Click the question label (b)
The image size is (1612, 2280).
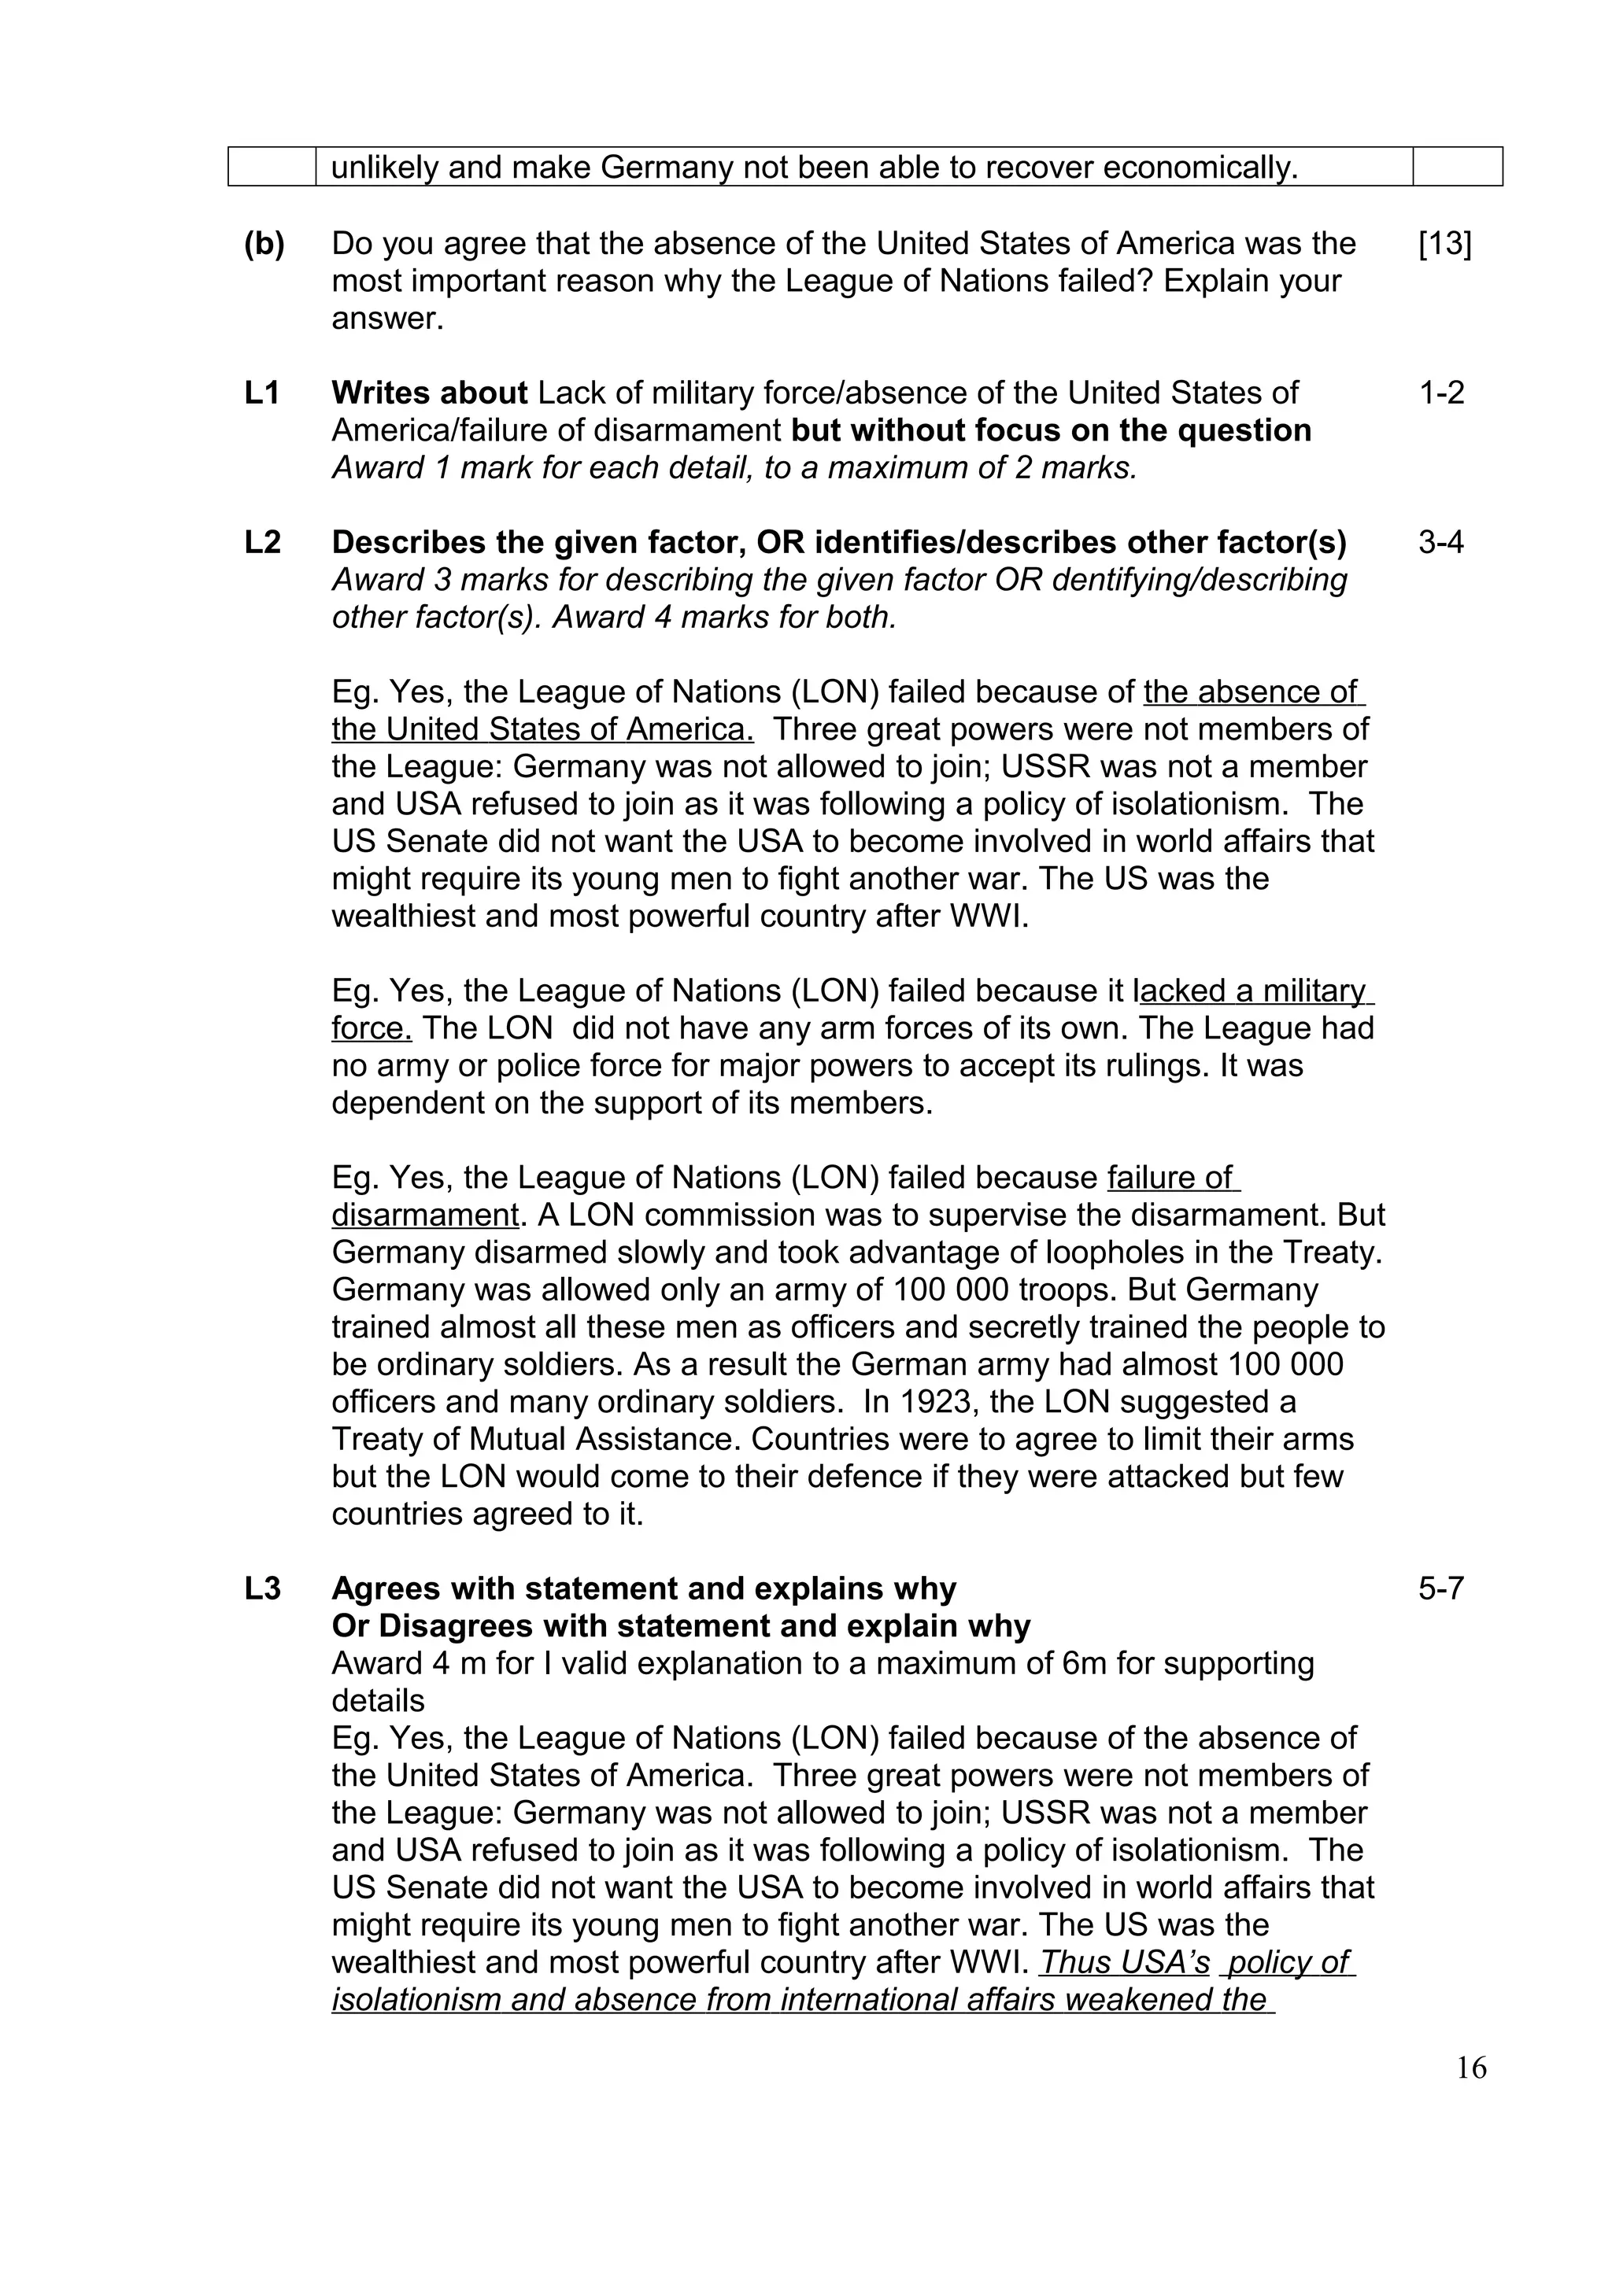pyautogui.click(x=264, y=244)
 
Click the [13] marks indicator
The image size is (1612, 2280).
pyautogui.click(x=1444, y=244)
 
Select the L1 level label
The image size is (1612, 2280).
pyautogui.click(x=262, y=393)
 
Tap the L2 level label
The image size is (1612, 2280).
pyautogui.click(x=262, y=542)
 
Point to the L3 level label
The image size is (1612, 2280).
pyautogui.click(x=262, y=1589)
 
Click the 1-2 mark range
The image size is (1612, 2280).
pyautogui.click(x=1441, y=393)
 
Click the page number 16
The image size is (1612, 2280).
pyautogui.click(x=1471, y=2068)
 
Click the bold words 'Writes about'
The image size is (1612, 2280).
pyautogui.click(x=429, y=393)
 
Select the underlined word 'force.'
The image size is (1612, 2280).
pyautogui.click(x=372, y=1029)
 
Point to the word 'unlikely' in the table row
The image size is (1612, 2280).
pyautogui.click(x=386, y=168)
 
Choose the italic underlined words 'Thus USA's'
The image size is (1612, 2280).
pyautogui.click(x=1124, y=1962)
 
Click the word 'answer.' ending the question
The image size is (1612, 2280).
pyautogui.click(x=387, y=319)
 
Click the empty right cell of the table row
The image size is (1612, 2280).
pyautogui.click(x=1456, y=167)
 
